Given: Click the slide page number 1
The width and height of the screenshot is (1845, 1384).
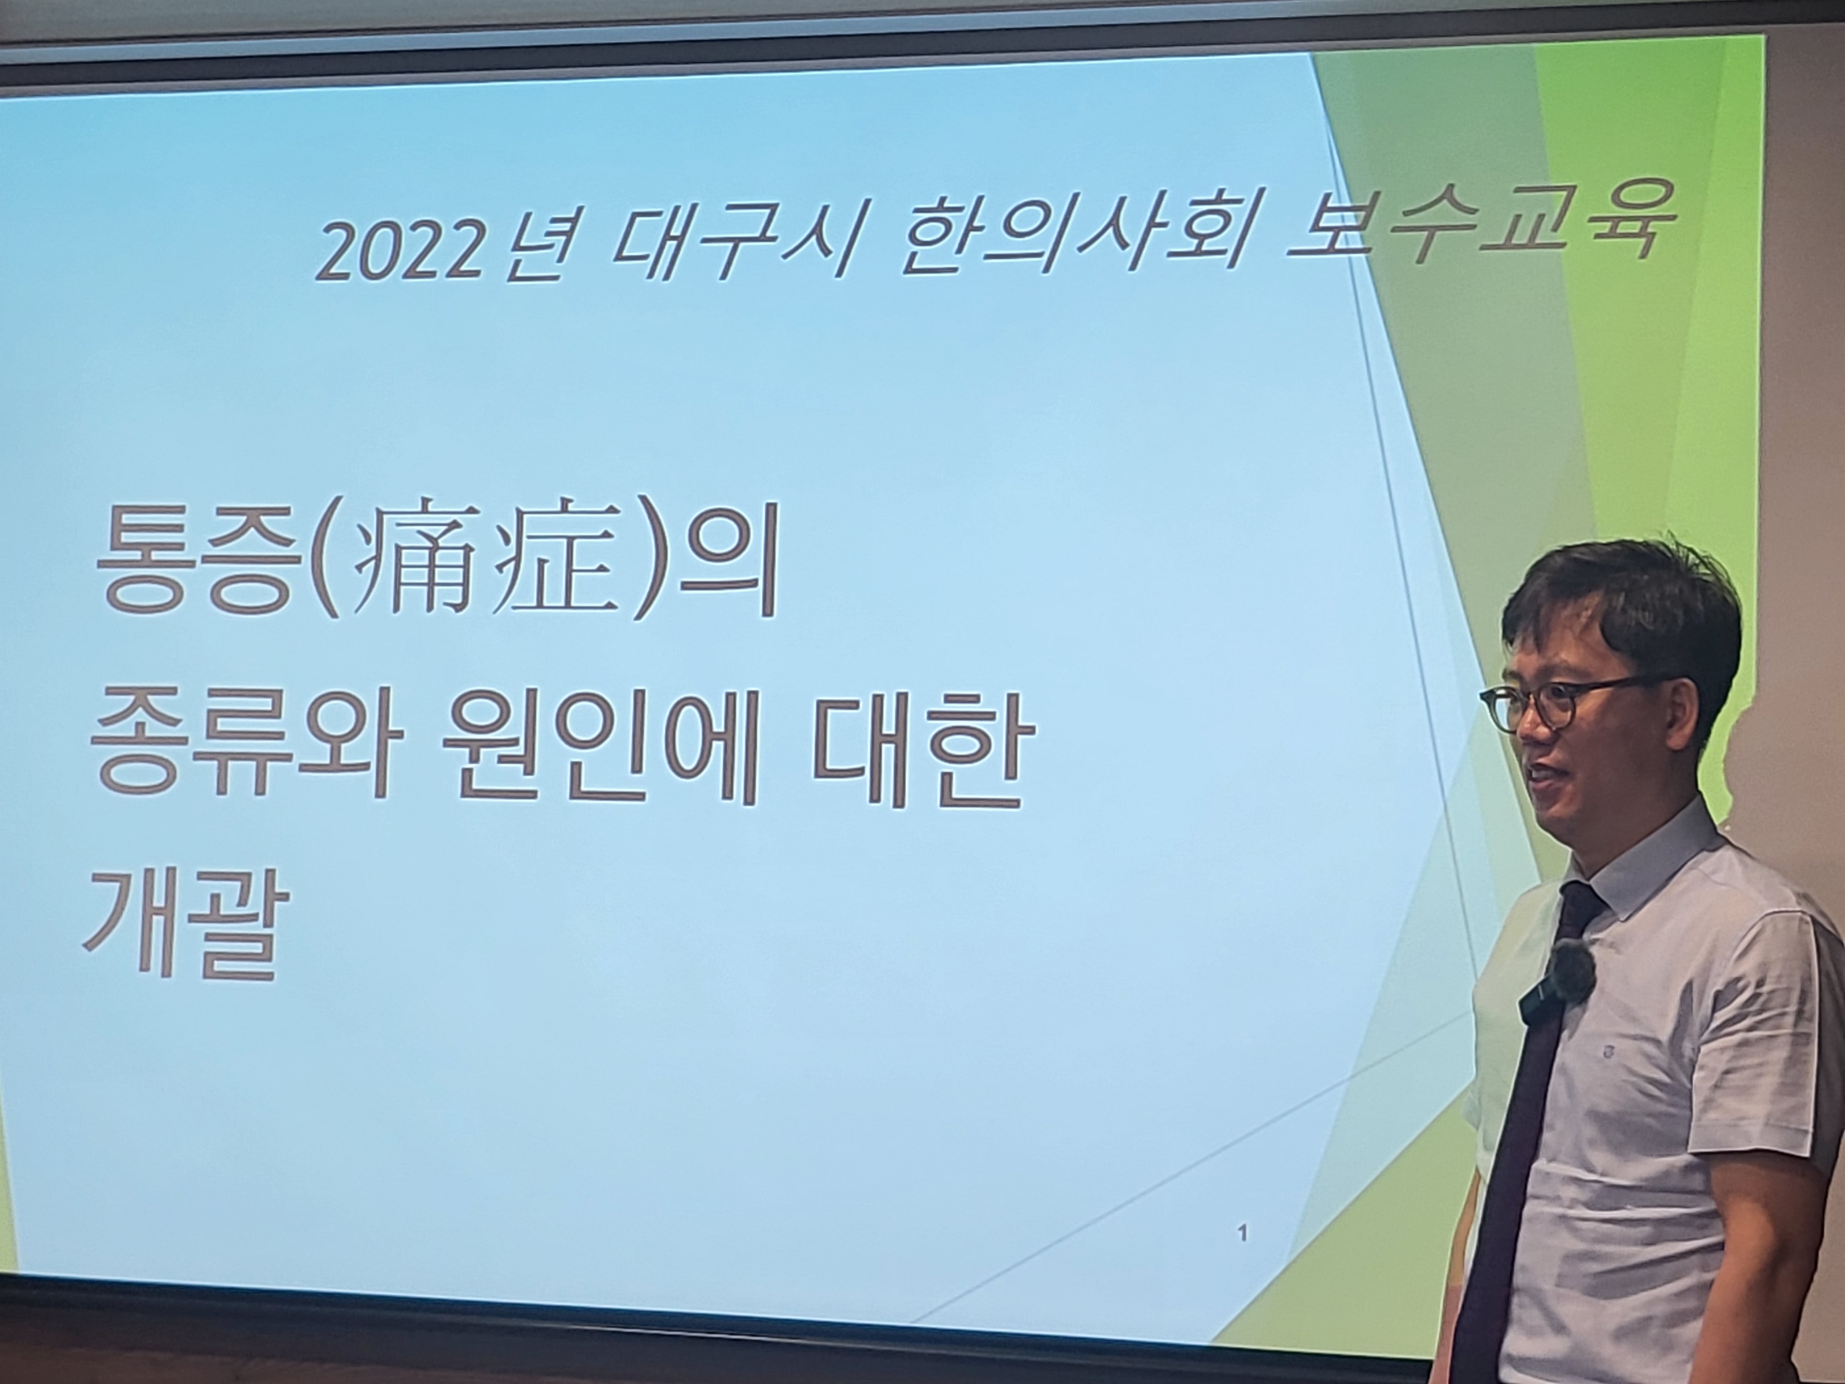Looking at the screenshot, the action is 1244,1256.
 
